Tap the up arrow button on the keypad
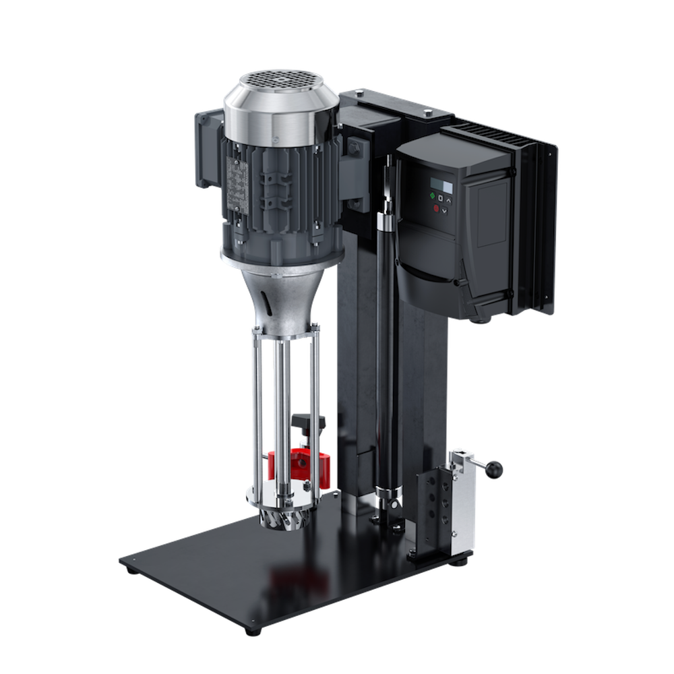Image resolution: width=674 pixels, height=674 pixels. pyautogui.click(x=450, y=199)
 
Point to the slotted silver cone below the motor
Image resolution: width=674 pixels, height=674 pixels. pyautogui.click(x=283, y=297)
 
